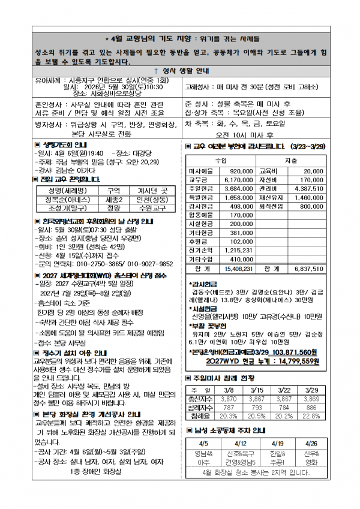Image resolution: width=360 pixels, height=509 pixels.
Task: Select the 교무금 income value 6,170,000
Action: click(x=240, y=180)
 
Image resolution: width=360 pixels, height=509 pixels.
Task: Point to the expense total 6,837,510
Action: click(x=308, y=270)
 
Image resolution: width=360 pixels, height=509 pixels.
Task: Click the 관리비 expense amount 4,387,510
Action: click(x=308, y=188)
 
